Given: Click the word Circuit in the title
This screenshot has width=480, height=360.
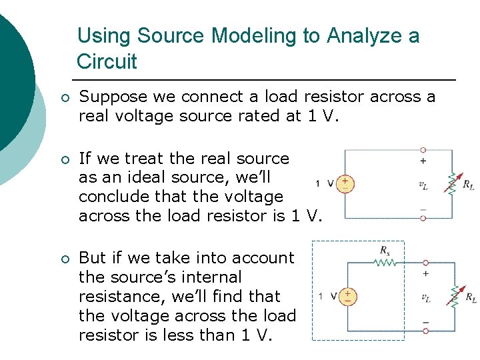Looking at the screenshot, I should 107,62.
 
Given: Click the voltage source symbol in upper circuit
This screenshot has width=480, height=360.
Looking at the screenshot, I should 345,183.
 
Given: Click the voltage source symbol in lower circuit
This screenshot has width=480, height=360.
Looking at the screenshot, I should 347,296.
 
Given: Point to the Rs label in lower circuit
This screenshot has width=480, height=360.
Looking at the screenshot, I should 385,251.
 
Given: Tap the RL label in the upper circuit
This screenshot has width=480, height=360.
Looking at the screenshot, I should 468,185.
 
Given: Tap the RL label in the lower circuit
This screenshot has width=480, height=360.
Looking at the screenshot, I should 470,297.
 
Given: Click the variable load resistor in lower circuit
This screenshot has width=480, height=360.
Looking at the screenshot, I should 453,296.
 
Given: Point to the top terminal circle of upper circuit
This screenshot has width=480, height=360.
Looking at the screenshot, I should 423,151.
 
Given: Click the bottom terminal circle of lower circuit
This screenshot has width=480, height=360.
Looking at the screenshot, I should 425,330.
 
